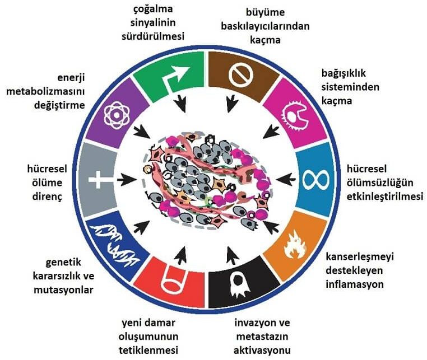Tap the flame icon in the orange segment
coord(291,245)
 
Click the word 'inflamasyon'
coord(355,284)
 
